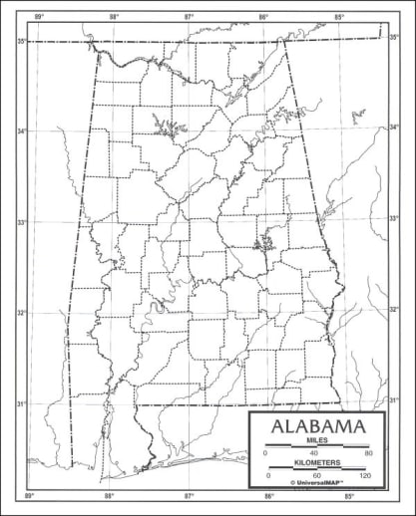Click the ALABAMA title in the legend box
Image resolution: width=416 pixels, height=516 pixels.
tap(316, 427)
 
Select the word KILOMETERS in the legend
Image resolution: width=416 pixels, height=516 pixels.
tap(316, 463)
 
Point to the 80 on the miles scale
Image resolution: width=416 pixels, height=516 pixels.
tap(368, 453)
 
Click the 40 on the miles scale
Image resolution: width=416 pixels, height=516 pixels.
tap(316, 453)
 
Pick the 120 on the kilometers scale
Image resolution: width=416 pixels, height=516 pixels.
tap(365, 476)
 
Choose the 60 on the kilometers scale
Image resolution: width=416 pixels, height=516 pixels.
tap(316, 476)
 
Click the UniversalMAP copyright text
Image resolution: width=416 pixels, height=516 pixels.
tap(316, 484)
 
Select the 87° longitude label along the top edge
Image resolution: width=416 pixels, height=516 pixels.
tap(190, 16)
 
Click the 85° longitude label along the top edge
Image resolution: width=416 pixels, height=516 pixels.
tap(339, 16)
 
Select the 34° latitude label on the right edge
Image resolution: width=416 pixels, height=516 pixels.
tap(394, 127)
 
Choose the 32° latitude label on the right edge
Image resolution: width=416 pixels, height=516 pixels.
tap(394, 310)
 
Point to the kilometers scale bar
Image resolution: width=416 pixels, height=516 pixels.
tap(316, 470)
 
